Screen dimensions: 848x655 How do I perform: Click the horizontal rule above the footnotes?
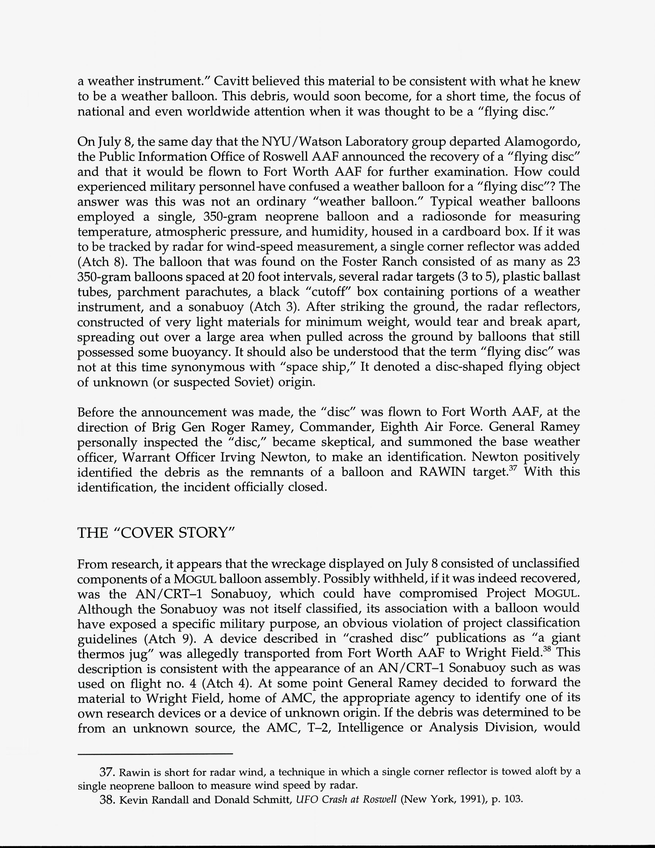155,754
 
